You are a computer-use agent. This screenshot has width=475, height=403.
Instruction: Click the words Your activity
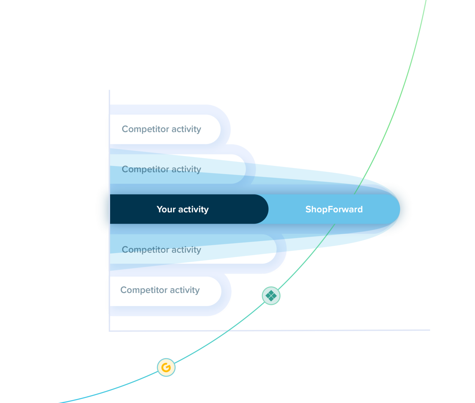182,209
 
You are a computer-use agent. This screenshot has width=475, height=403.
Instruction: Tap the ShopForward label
334,209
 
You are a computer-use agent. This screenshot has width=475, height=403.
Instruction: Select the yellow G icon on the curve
166,367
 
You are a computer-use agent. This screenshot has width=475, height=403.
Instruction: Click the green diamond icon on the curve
271,296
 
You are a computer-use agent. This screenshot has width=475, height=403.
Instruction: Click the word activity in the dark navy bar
194,210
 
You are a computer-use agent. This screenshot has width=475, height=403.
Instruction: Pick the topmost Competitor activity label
161,129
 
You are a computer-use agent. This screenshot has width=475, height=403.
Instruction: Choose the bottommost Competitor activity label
160,290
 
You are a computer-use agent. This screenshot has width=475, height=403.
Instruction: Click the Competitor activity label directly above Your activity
161,169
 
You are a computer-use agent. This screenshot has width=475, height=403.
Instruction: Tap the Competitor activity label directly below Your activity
161,250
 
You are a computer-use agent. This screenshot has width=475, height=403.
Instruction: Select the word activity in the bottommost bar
185,290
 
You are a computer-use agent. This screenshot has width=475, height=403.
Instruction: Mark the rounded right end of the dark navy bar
268,209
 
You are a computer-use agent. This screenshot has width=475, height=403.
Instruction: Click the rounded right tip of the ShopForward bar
400,209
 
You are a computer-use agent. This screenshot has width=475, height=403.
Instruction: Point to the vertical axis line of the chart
109,210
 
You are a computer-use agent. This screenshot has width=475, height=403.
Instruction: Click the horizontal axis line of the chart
270,331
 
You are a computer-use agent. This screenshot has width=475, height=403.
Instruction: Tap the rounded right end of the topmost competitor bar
220,129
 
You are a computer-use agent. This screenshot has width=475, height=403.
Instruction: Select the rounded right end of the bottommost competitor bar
221,291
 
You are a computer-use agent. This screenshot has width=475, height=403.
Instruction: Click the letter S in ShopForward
308,209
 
